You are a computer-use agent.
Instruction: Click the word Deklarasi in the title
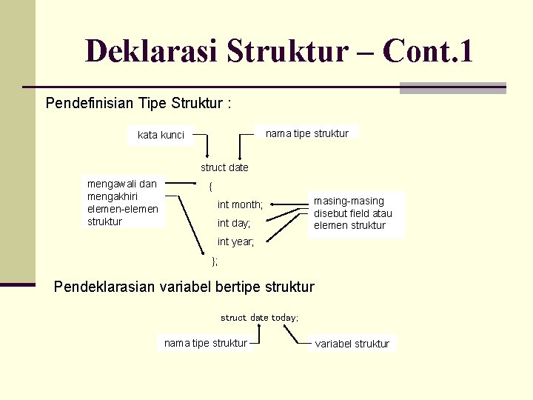(152, 51)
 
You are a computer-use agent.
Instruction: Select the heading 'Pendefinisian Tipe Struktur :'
(138, 103)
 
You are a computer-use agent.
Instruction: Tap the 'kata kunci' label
(161, 135)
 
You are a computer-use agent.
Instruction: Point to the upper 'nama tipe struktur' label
(306, 133)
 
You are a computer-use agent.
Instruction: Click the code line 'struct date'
(224, 167)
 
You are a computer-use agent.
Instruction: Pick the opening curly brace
(210, 186)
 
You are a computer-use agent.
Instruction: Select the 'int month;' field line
(240, 204)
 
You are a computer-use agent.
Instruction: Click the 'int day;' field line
(234, 223)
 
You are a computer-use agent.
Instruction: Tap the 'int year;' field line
(235, 241)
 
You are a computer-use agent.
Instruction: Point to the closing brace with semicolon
(215, 261)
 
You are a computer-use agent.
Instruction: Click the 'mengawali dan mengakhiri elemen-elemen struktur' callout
(122, 202)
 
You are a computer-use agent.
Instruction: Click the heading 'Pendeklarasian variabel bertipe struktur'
(184, 287)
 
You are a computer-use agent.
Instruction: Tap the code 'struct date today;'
(259, 317)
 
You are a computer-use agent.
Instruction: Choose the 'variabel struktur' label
(352, 344)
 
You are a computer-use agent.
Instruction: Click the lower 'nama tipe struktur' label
(206, 343)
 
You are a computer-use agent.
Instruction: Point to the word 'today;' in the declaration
(285, 317)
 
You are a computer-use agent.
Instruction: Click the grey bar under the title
(452, 88)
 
